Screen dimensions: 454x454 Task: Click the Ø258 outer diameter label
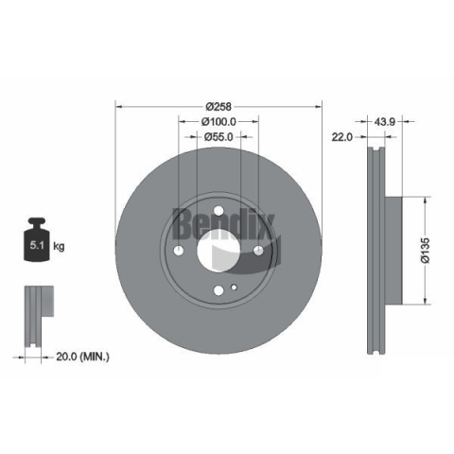[x=218, y=107]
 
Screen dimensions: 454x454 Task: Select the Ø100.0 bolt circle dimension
[x=218, y=121]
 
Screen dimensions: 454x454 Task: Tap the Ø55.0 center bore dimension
[x=218, y=137]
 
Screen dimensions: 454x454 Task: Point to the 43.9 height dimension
[x=384, y=121]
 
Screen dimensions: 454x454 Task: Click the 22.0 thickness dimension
[x=342, y=137]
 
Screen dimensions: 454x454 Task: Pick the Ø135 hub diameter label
[x=426, y=251]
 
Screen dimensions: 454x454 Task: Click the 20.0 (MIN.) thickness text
[x=82, y=357]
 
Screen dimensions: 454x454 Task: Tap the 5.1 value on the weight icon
[x=37, y=245]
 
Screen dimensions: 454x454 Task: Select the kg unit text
[x=59, y=246]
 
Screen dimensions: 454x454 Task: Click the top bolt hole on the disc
[x=218, y=211]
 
